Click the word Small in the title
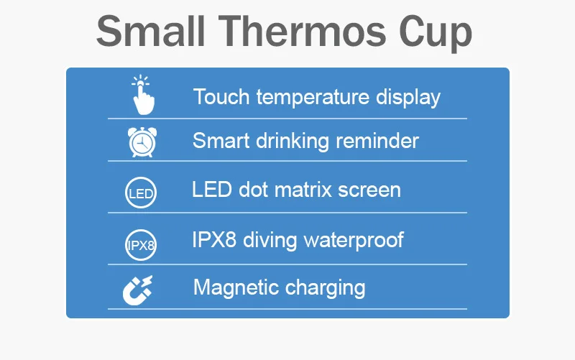point(150,31)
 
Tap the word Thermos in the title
point(302,31)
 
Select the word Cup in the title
point(436,34)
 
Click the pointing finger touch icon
point(142,95)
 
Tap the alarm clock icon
point(142,142)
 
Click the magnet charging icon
point(137,290)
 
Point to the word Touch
point(221,97)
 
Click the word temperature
point(313,98)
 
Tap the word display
point(408,98)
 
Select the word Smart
point(221,140)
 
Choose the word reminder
point(377,140)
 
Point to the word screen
point(369,191)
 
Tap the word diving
point(270,241)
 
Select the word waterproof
point(354,241)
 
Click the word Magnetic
point(236,288)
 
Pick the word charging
point(325,288)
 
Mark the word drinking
point(293,141)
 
